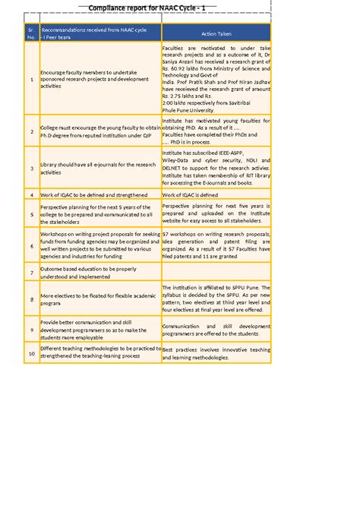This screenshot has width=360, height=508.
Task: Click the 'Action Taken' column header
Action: tap(216, 34)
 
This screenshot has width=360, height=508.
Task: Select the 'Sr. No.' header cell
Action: tap(31, 34)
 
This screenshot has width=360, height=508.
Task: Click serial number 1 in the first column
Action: tap(31, 79)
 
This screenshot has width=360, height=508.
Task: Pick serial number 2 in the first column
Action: tap(31, 131)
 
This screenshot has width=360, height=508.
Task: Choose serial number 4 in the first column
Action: tap(31, 195)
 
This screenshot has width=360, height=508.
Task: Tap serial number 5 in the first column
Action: tap(31, 214)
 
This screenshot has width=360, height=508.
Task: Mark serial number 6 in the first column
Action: tap(31, 246)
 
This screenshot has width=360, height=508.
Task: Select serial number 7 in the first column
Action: tap(31, 273)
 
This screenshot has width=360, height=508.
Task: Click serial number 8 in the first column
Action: tap(31, 299)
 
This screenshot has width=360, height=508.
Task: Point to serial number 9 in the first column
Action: tap(31, 330)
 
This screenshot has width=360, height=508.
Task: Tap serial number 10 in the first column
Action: tap(31, 354)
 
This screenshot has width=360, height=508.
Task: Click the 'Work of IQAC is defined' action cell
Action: tap(216, 195)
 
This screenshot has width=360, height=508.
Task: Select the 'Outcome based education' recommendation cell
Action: tap(99, 273)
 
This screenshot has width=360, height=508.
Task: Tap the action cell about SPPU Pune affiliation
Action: tap(216, 299)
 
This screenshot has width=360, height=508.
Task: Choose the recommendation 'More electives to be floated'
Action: tap(99, 299)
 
